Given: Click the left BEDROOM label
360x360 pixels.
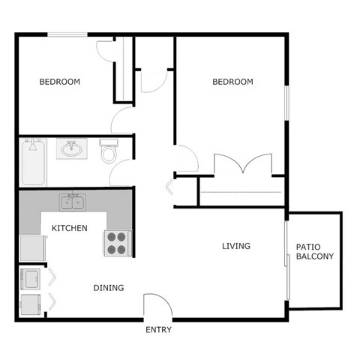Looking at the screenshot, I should (x=60, y=82).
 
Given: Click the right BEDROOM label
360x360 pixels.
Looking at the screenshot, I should (x=232, y=82).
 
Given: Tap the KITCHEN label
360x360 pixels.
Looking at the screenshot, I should (x=69, y=228).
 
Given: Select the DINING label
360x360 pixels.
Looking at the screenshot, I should (x=109, y=288).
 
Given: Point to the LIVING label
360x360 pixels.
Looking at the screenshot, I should (x=235, y=246).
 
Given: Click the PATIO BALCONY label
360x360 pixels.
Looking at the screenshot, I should (x=315, y=251).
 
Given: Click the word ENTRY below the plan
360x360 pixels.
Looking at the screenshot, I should (x=158, y=330).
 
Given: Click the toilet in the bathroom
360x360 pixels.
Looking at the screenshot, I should (x=109, y=152).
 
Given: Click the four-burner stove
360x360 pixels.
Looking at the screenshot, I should (x=116, y=244).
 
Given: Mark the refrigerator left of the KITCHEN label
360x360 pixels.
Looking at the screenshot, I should (x=31, y=247).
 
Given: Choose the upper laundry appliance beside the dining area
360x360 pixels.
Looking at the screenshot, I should (x=32, y=279).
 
